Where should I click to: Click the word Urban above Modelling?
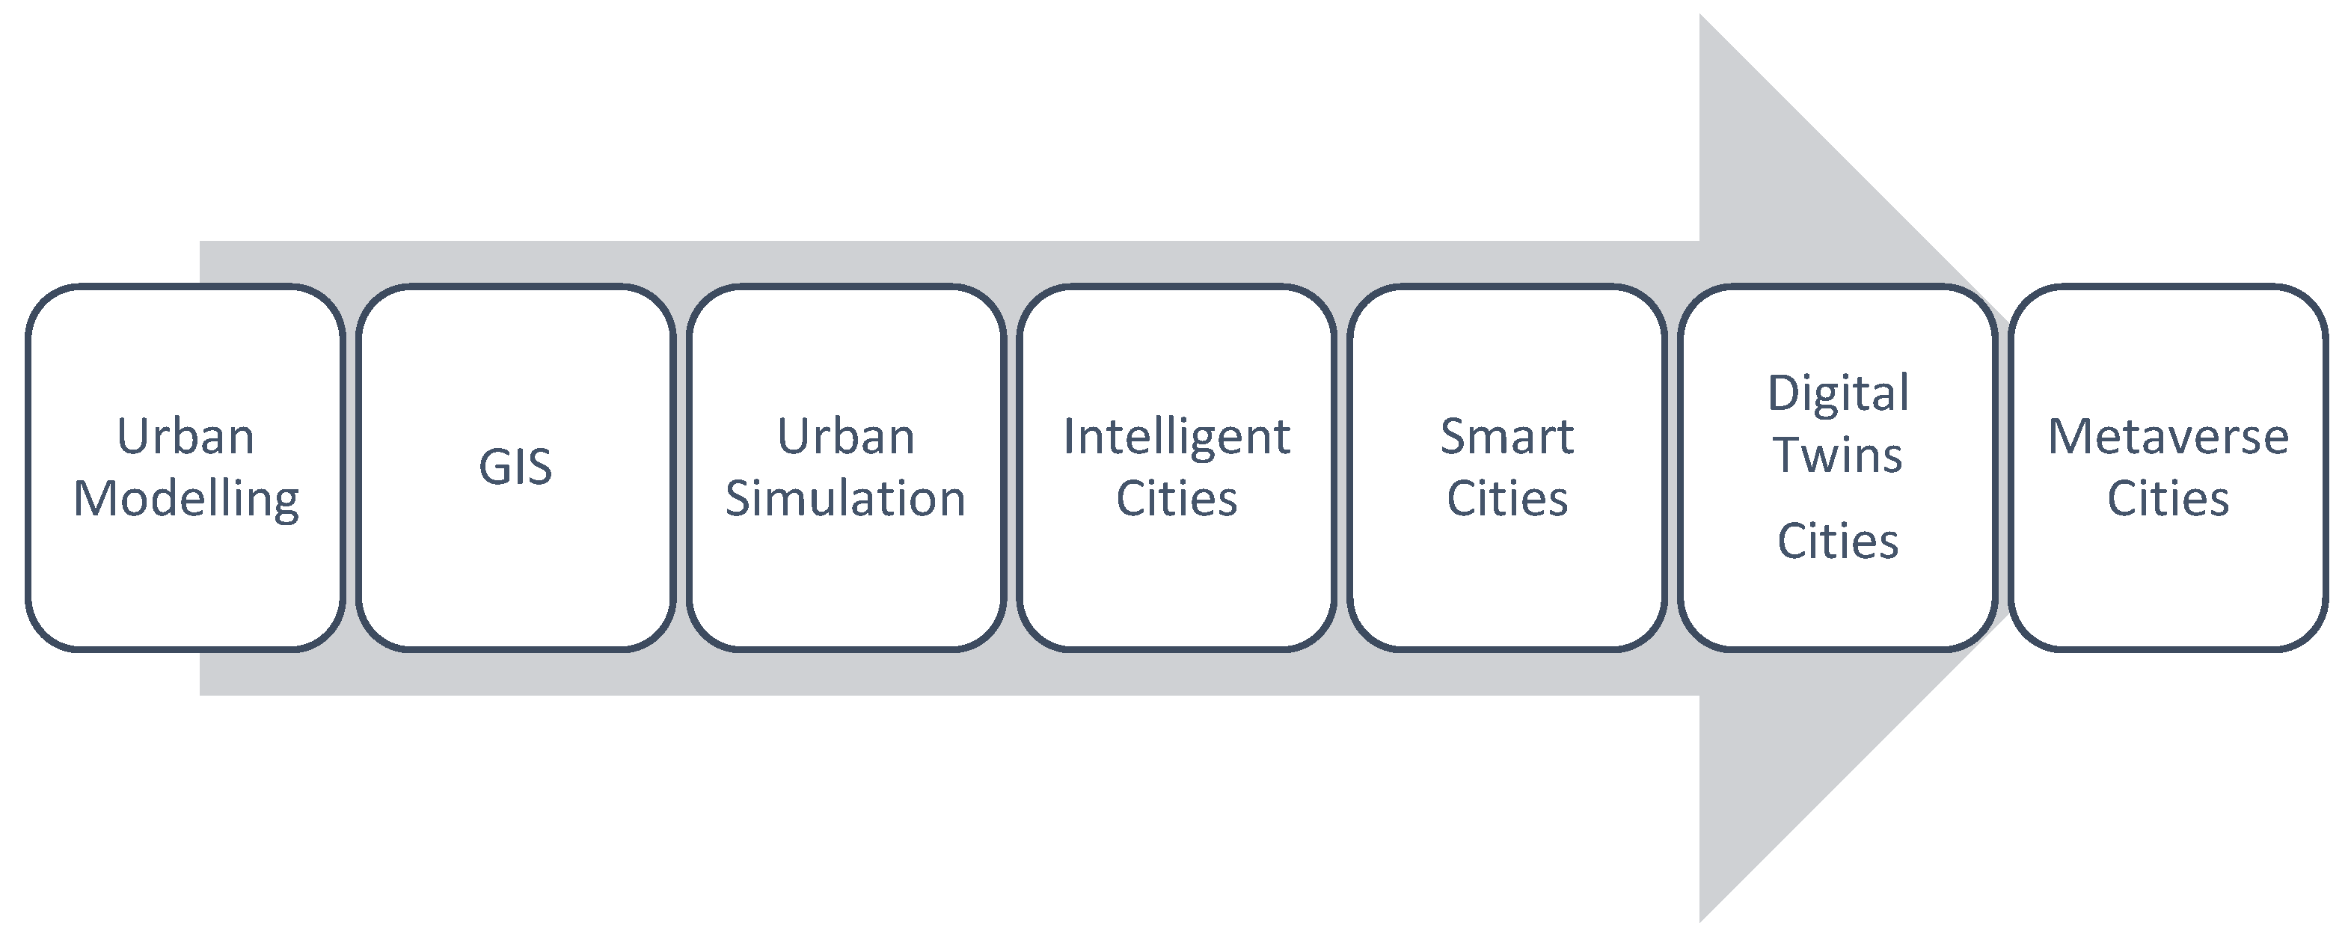click(186, 437)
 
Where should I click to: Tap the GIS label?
click(515, 468)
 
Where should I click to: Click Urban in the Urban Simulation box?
click(846, 437)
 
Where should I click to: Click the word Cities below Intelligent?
click(1177, 499)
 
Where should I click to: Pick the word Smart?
click(1507, 437)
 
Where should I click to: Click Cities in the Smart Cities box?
click(1507, 499)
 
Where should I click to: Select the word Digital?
click(1838, 395)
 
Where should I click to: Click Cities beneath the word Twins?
click(1838, 542)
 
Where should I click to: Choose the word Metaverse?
click(2168, 437)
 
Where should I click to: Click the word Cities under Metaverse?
click(2168, 499)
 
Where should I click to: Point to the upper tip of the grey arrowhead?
click(1700, 14)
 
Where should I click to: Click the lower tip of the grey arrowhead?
click(1700, 922)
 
